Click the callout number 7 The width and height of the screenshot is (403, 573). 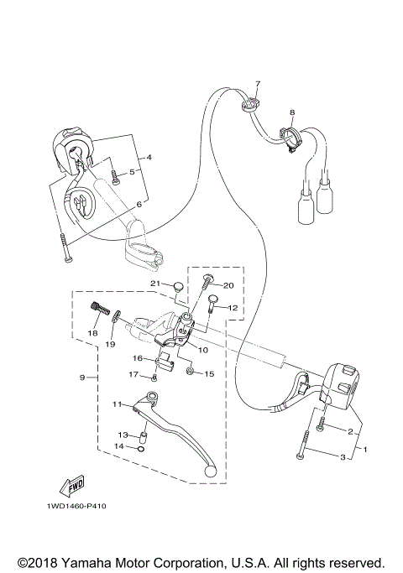click(x=259, y=84)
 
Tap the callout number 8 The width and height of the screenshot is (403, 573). click(x=292, y=112)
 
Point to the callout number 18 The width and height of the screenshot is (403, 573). click(x=93, y=334)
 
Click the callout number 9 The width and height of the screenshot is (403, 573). click(x=82, y=378)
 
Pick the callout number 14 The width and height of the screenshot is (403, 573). click(x=119, y=447)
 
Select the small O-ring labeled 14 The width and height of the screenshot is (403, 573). click(x=140, y=448)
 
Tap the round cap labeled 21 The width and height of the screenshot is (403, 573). click(x=178, y=287)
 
